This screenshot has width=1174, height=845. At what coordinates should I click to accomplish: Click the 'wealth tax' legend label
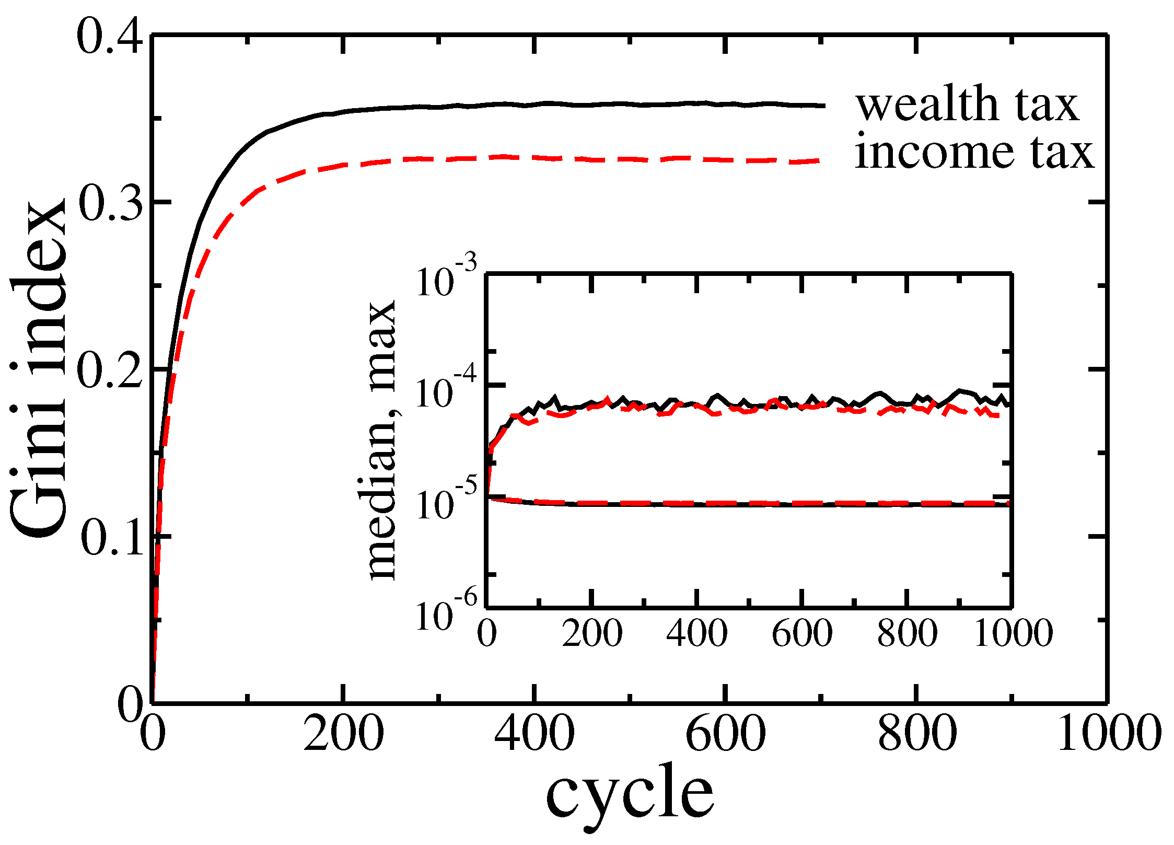(x=967, y=105)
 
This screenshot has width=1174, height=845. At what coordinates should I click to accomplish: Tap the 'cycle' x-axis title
(x=629, y=797)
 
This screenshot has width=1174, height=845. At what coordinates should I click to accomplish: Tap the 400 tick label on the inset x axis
(x=697, y=633)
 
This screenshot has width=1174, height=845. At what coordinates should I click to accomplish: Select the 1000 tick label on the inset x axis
(x=1013, y=633)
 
